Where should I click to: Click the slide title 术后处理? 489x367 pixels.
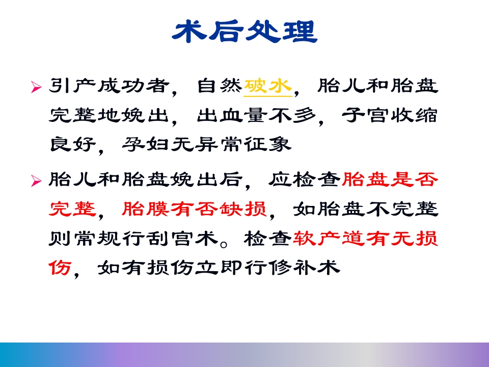click(x=244, y=32)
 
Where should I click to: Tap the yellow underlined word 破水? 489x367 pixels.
click(x=268, y=87)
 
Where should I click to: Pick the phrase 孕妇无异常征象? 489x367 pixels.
click(x=206, y=145)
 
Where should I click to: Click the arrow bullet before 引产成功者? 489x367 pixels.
click(x=35, y=88)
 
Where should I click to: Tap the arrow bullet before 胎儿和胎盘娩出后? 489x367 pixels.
click(x=35, y=180)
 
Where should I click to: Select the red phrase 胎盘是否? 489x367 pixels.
click(x=390, y=179)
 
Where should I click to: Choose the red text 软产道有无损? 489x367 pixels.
click(x=366, y=238)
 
